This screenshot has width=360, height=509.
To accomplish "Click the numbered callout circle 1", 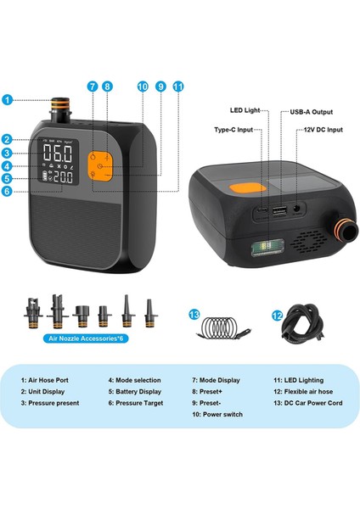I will pyautogui.click(x=8, y=99).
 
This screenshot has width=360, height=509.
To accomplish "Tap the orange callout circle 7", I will pyautogui.click(x=93, y=87).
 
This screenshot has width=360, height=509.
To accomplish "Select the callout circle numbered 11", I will pyautogui.click(x=177, y=87).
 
